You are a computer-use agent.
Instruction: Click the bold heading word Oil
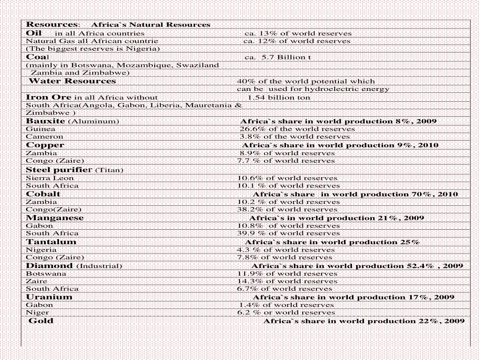[34, 33]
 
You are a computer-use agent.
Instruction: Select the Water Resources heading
[72, 81]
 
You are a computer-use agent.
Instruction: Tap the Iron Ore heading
[49, 97]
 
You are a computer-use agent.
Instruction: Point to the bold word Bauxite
[45, 121]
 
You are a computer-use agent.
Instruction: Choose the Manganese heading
[55, 217]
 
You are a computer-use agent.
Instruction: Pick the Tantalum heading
[51, 242]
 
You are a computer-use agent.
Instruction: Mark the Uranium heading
[49, 297]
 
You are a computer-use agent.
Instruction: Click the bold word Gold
[41, 321]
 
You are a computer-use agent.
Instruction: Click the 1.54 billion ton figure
[279, 97]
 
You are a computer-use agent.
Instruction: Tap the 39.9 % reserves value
[250, 233]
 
